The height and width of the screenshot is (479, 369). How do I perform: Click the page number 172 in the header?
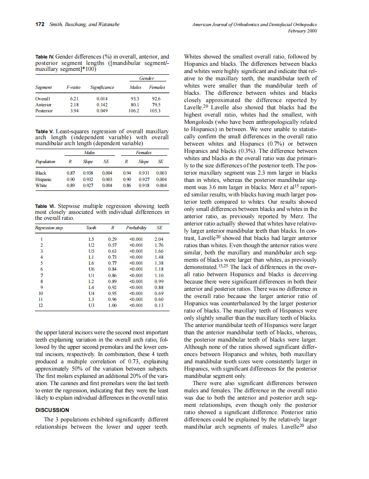click(40, 24)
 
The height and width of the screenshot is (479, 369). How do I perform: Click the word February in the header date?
click(297, 31)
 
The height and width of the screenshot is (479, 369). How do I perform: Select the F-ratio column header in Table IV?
click(73, 88)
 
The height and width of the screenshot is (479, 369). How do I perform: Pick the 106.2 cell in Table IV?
click(135, 111)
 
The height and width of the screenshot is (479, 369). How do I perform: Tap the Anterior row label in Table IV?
click(43, 105)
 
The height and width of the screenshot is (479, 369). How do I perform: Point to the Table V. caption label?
click(44, 131)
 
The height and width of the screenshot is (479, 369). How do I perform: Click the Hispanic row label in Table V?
click(43, 180)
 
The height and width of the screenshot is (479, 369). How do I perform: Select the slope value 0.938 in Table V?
click(88, 173)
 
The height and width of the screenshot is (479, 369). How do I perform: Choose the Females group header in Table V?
click(144, 152)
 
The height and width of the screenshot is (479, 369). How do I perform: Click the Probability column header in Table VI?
click(138, 228)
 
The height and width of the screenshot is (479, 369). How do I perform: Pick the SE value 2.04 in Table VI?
click(159, 239)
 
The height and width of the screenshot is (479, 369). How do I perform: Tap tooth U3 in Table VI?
click(91, 306)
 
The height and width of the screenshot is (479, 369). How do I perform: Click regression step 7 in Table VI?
click(41, 275)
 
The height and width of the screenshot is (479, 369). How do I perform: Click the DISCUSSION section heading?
click(52, 410)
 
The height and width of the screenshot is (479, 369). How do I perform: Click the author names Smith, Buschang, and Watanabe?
click(84, 24)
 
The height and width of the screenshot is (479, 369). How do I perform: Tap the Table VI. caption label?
click(45, 206)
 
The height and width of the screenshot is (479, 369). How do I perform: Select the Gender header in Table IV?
click(147, 79)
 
